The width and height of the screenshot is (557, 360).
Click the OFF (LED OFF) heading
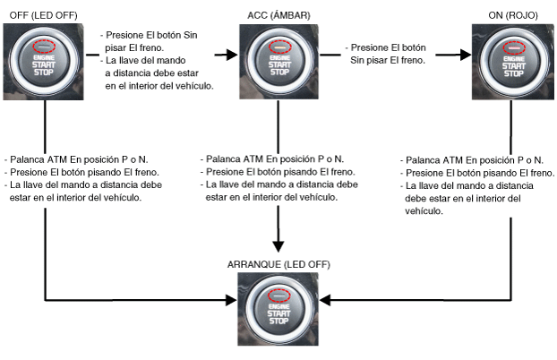click(x=43, y=15)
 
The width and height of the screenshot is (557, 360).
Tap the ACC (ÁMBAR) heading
click(x=278, y=15)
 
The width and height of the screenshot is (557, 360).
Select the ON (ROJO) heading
click(x=513, y=15)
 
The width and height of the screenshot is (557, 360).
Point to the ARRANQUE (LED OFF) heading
click(x=278, y=265)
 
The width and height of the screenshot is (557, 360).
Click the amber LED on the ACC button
click(x=280, y=47)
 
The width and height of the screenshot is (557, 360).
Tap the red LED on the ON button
click(x=514, y=47)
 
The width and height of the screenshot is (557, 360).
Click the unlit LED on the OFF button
click(x=44, y=47)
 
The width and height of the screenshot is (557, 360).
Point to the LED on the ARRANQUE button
click(x=279, y=296)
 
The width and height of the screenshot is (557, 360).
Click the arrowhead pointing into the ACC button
click(x=232, y=55)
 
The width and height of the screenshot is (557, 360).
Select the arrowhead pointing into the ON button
click(x=466, y=55)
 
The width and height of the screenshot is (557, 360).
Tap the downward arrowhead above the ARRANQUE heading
click(x=278, y=246)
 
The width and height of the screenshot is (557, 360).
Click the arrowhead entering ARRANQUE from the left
click(x=231, y=300)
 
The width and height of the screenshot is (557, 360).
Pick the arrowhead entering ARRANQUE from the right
click(x=325, y=300)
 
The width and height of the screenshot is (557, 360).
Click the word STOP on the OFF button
click(x=44, y=73)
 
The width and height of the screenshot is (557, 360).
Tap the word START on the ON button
click(x=514, y=66)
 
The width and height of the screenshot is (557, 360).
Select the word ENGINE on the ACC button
click(x=280, y=58)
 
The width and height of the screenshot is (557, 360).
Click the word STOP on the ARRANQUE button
click(x=278, y=321)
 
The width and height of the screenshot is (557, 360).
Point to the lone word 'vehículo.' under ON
click(x=424, y=211)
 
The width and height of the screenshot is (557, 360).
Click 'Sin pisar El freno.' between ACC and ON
click(x=388, y=60)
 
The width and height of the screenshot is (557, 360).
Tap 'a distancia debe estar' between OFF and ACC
click(x=151, y=73)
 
